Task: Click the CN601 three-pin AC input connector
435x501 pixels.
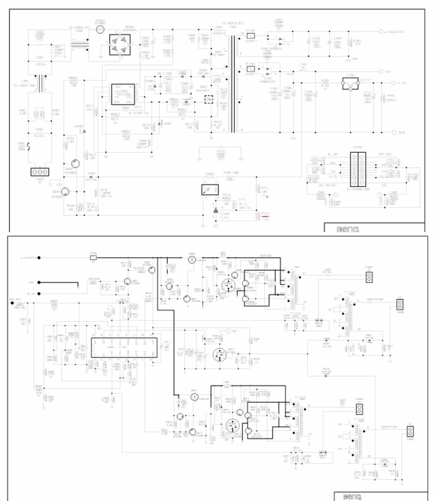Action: coord(39,172)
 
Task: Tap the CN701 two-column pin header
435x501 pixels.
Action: coord(357,168)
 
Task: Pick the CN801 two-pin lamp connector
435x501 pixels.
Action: coord(369,277)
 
